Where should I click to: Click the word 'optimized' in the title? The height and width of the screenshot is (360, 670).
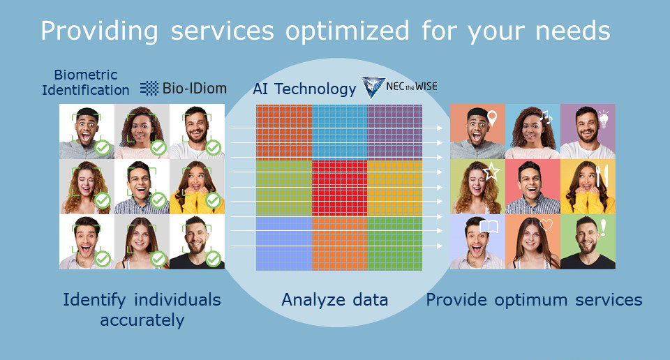[347, 31]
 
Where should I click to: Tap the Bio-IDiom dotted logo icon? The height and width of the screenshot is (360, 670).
[149, 89]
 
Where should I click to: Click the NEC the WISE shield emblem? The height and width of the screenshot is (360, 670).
[373, 87]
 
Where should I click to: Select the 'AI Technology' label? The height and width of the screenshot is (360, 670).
[304, 89]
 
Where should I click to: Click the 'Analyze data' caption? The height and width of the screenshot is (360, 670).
[334, 300]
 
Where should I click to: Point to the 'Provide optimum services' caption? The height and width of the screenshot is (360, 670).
[534, 300]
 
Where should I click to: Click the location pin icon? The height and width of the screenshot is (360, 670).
[492, 119]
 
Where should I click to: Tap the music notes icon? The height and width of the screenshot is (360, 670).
[546, 117]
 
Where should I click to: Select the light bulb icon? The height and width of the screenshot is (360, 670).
[603, 119]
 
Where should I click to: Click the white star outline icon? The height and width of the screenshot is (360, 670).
[491, 172]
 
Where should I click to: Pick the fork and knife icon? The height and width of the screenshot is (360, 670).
[602, 176]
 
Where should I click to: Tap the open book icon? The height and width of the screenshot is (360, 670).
[489, 226]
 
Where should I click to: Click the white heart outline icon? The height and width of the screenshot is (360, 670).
[546, 224]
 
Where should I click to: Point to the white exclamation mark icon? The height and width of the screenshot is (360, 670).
[603, 227]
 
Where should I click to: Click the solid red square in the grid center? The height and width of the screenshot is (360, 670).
[340, 188]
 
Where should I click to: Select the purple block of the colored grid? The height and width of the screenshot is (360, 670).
[395, 132]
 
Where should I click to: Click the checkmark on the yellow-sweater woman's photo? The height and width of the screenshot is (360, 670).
[214, 200]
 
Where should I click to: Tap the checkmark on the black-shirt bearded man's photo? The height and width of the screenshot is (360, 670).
[214, 258]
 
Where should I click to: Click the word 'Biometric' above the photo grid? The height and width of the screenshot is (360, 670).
[85, 75]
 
